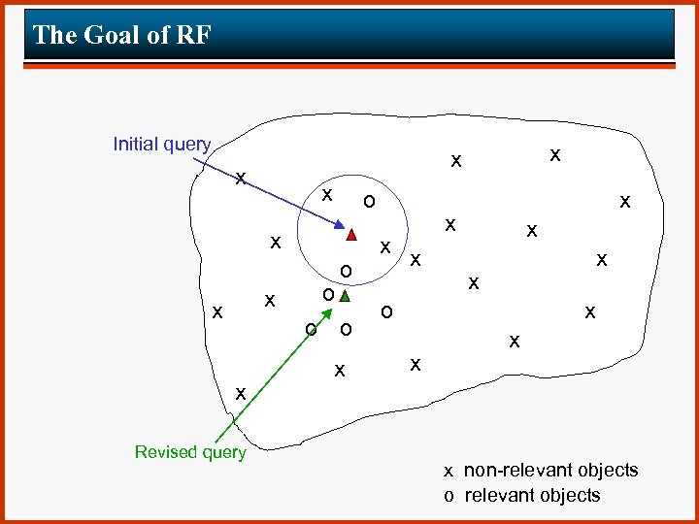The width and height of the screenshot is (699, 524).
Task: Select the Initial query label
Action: pos(161,145)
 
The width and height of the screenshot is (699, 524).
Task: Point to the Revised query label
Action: pos(190,452)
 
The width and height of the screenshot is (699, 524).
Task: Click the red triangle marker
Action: pos(350,234)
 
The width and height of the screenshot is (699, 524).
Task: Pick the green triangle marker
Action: pos(345,297)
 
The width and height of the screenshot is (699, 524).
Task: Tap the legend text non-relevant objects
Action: pos(550,471)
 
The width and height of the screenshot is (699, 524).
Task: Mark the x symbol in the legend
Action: pos(449,472)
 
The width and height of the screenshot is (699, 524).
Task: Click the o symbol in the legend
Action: pos(449,496)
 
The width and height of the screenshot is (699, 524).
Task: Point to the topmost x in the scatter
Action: pos(554,153)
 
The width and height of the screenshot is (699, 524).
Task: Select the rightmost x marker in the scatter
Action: pos(625,201)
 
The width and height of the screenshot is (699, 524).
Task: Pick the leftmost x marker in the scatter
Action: pos(217,311)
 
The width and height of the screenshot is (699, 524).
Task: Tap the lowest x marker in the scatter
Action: pos(240,392)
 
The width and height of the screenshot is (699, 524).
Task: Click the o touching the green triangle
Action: pos(329,294)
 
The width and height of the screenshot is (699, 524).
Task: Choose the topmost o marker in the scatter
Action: pos(367,202)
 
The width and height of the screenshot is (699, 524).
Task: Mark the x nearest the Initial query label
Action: pos(240,178)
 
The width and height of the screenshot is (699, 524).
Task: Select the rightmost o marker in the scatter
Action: pos(386,311)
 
